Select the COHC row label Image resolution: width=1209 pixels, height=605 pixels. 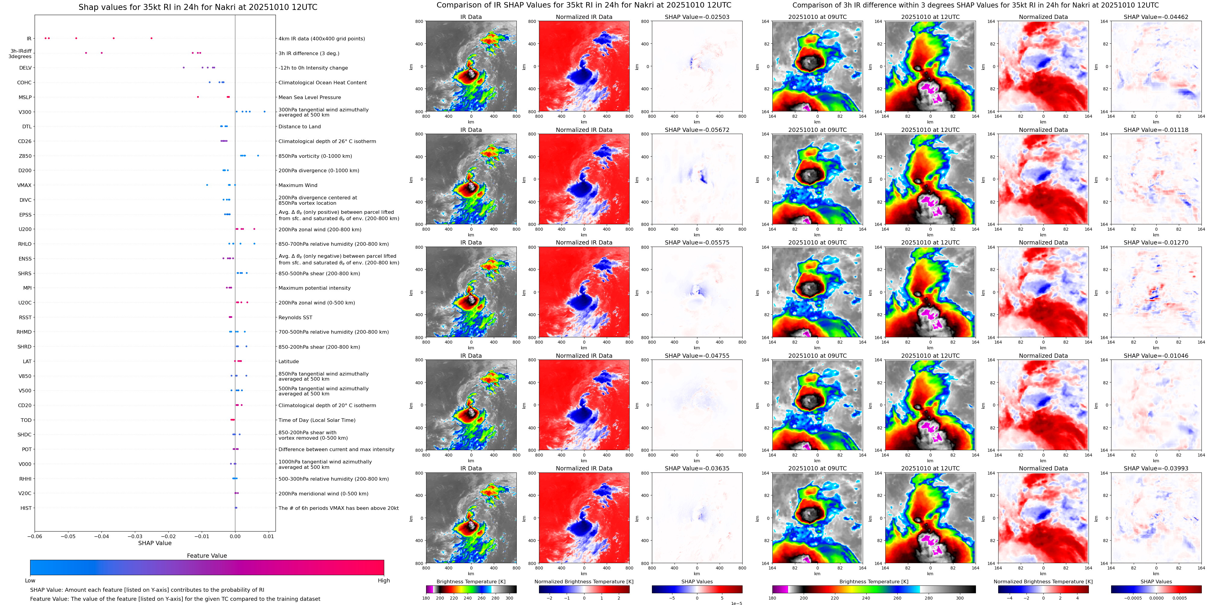click(24, 83)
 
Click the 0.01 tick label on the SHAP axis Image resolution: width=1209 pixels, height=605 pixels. click(269, 536)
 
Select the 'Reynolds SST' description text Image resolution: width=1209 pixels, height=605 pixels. click(295, 318)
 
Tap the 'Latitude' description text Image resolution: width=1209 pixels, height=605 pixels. click(289, 361)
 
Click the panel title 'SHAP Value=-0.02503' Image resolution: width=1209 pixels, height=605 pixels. click(697, 17)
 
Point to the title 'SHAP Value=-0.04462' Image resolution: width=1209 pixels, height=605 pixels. click(1156, 17)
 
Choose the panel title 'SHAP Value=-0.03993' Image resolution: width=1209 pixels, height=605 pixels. click(1156, 468)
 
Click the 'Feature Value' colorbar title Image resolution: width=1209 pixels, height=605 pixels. click(207, 556)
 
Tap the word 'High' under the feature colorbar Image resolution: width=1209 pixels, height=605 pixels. click(384, 581)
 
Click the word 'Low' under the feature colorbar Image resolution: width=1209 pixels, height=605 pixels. click(30, 581)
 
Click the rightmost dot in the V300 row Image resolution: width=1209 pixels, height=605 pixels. click(265, 112)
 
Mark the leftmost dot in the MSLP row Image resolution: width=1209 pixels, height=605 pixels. click(198, 97)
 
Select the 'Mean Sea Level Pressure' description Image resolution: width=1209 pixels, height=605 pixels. click(310, 98)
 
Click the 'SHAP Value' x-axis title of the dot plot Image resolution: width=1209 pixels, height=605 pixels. click(155, 543)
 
